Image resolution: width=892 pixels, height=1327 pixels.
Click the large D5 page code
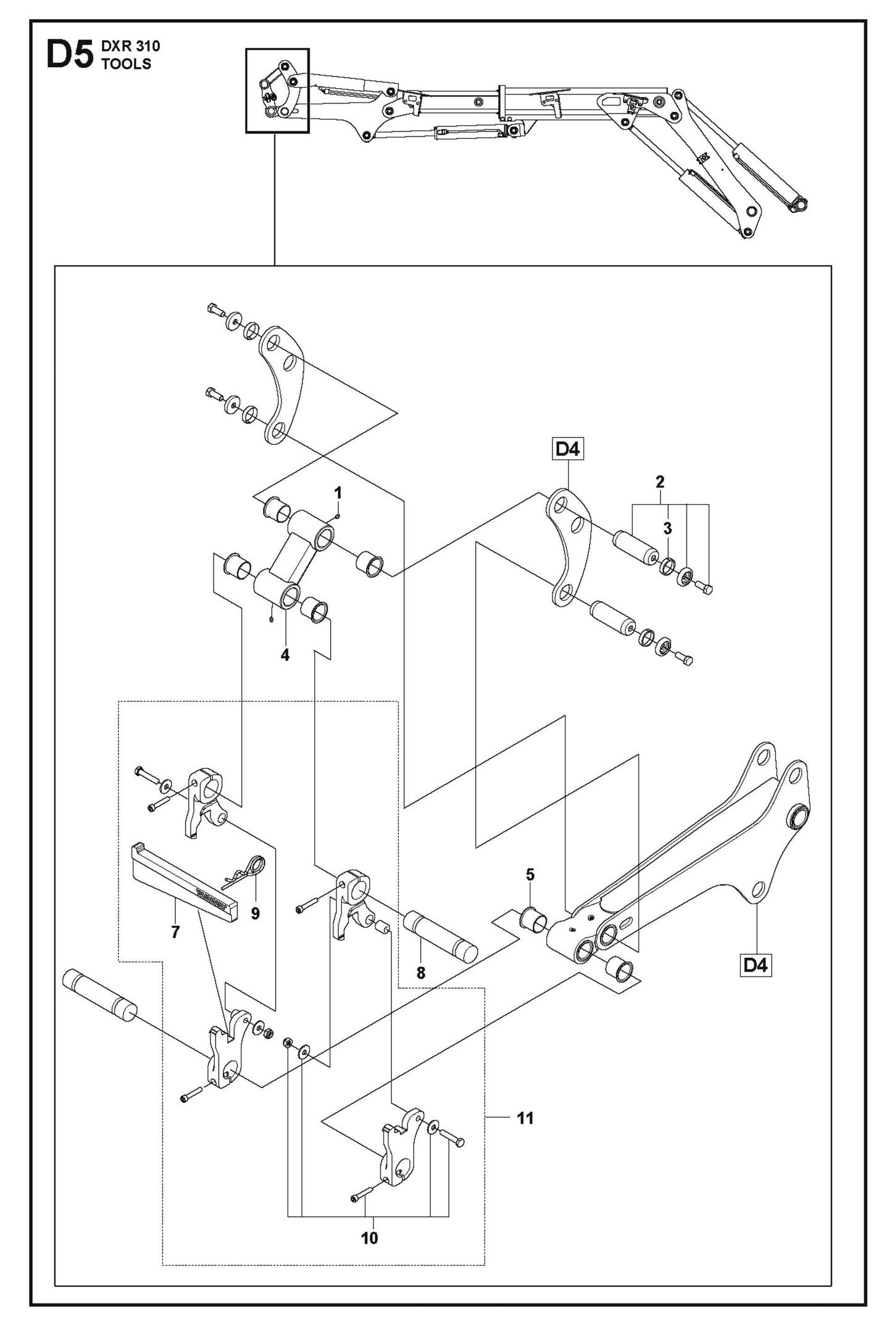pos(69,56)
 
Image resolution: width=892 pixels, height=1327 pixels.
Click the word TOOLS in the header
pos(127,64)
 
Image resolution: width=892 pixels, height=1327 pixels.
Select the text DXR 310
pos(130,46)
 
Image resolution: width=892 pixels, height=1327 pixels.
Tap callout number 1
pos(338,493)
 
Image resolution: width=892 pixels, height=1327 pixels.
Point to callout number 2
pos(660,481)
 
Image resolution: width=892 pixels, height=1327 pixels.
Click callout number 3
pos(667,528)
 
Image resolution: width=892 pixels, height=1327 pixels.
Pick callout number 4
pos(285,655)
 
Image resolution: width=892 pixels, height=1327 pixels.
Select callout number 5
pos(530,875)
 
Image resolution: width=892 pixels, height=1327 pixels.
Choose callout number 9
pos(256,913)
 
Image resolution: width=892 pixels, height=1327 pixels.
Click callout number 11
pos(525,1118)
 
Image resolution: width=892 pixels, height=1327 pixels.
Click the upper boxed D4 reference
pos(567,449)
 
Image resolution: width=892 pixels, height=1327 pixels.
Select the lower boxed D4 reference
pos(756,965)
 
